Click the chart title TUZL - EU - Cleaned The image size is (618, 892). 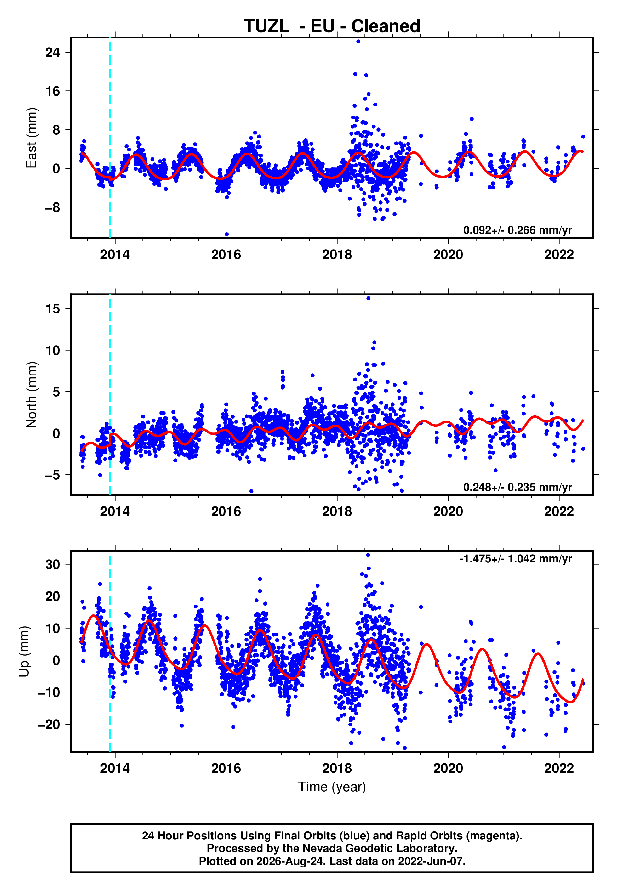332,26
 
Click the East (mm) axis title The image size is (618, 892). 31,138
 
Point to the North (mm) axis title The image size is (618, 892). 31,395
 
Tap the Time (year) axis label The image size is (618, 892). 332,787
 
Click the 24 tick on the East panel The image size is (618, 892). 53,52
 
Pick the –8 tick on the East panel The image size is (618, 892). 53,207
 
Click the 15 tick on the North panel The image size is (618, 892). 53,309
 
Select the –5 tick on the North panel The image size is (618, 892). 53,475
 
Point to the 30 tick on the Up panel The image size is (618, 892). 53,564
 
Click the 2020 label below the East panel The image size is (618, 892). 448,255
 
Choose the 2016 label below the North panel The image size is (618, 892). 226,511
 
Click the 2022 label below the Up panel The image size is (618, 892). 559,768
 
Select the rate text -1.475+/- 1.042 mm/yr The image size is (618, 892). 515,559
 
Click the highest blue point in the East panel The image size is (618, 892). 358,41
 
